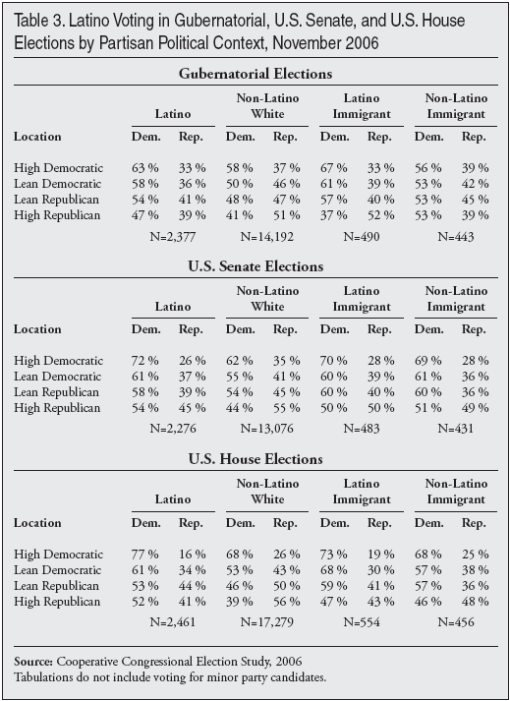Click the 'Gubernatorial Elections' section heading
pyautogui.click(x=255, y=74)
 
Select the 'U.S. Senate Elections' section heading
pyautogui.click(x=255, y=265)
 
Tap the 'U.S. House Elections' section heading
pyautogui.click(x=255, y=458)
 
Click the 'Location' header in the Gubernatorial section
pyautogui.click(x=37, y=137)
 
